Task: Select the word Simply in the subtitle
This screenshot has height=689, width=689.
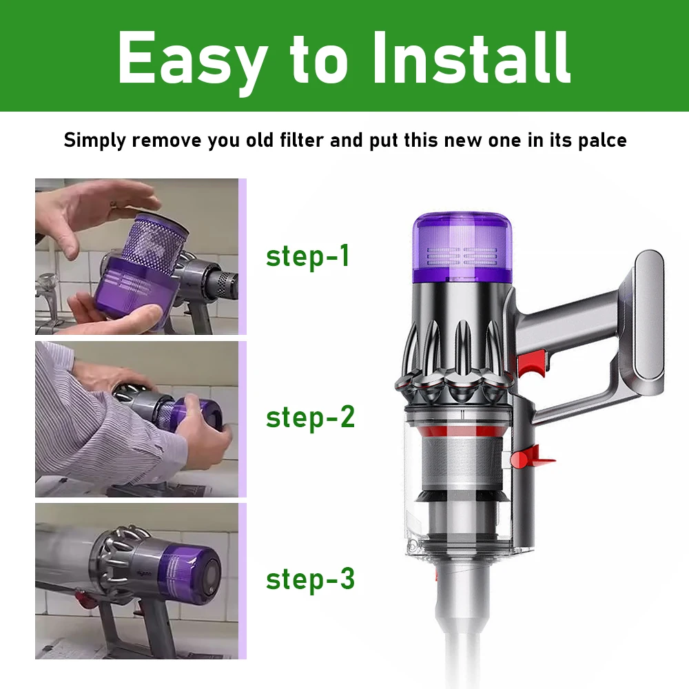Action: pyautogui.click(x=95, y=141)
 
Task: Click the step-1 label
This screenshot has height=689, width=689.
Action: pyautogui.click(x=308, y=256)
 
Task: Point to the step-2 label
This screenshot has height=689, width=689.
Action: pyautogui.click(x=310, y=418)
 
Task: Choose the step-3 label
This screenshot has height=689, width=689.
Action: pyautogui.click(x=310, y=579)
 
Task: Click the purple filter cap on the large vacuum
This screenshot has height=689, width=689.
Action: pyautogui.click(x=462, y=248)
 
